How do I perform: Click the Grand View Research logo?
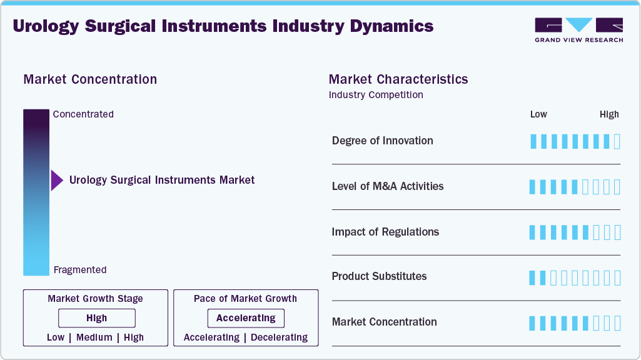click(578, 30)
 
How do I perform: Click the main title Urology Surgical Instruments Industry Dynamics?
click(223, 26)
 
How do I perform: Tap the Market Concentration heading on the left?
click(90, 79)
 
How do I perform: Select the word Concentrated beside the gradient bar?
click(83, 114)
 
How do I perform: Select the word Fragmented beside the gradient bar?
click(80, 270)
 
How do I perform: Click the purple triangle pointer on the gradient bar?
click(57, 180)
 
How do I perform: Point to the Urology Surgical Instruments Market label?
click(162, 180)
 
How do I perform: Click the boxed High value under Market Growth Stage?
click(96, 318)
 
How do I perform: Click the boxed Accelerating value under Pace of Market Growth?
click(246, 318)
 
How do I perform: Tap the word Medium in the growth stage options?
click(94, 337)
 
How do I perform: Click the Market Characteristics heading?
click(398, 79)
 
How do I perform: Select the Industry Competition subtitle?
click(376, 95)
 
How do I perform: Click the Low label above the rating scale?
click(538, 114)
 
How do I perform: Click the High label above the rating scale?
click(609, 114)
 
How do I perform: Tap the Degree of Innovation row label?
click(383, 141)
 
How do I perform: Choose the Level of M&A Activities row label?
click(388, 186)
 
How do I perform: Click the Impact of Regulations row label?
click(385, 232)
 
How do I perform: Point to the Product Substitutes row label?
click(380, 276)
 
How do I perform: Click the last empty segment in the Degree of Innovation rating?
click(617, 141)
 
